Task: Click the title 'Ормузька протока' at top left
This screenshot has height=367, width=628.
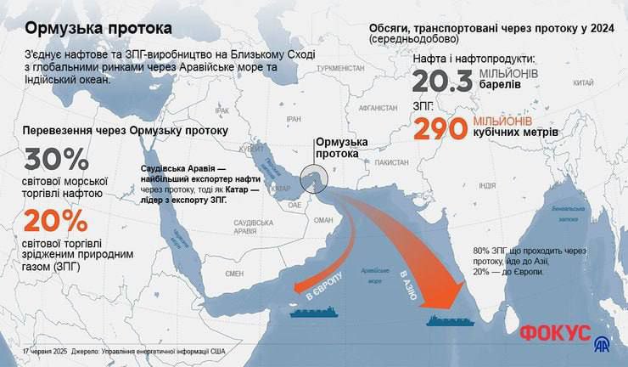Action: pyautogui.click(x=98, y=28)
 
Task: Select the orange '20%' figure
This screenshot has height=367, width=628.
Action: pyautogui.click(x=56, y=222)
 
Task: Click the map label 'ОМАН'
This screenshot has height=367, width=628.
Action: pyautogui.click(x=324, y=219)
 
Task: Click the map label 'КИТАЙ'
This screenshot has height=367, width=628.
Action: pyautogui.click(x=583, y=83)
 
